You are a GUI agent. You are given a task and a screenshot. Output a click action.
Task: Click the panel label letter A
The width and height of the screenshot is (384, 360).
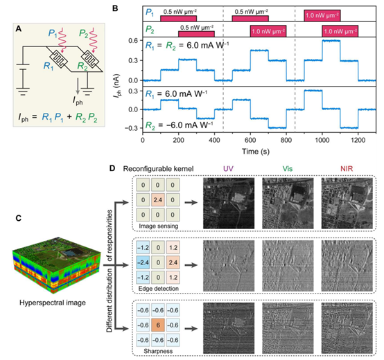point(18,29)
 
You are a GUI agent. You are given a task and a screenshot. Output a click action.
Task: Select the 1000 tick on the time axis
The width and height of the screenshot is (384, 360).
point(322,140)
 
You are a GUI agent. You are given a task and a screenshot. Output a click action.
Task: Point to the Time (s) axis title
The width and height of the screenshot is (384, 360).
point(256,152)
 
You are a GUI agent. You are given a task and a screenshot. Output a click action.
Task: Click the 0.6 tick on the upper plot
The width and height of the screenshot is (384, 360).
point(134,40)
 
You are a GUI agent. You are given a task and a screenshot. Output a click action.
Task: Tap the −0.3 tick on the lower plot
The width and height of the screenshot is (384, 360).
point(132,128)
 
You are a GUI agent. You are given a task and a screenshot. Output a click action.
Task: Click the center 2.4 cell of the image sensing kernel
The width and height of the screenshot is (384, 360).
point(158,200)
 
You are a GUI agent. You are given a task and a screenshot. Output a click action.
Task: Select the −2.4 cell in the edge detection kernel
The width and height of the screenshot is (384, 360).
point(143,262)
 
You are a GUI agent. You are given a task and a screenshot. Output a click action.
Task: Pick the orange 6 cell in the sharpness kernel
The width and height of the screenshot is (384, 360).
point(158,325)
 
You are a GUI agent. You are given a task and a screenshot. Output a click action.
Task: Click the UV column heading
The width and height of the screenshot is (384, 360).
point(228,168)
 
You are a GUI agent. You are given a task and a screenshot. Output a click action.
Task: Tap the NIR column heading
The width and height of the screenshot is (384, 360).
point(347,168)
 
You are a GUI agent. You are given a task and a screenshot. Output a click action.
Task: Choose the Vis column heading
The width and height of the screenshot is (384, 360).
point(288,168)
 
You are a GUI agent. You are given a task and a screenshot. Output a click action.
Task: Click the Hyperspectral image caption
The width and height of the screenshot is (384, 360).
point(53,303)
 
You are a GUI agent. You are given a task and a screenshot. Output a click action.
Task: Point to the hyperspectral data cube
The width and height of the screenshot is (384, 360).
point(56,265)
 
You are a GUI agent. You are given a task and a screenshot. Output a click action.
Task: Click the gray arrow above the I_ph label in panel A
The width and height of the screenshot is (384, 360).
point(78,86)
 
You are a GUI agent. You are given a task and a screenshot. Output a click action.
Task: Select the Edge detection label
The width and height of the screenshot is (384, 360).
point(159,289)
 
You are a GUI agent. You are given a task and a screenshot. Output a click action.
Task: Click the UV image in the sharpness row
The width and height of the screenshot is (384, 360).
point(229,328)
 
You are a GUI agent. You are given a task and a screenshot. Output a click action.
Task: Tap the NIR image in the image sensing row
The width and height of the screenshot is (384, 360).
point(347,204)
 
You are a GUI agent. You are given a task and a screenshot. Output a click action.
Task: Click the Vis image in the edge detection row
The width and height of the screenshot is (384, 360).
point(288,266)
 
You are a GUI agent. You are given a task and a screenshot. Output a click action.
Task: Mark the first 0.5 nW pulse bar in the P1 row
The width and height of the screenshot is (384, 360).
point(179,18)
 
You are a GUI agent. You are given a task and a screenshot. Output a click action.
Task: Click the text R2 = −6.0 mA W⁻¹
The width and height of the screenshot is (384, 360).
point(179,125)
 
